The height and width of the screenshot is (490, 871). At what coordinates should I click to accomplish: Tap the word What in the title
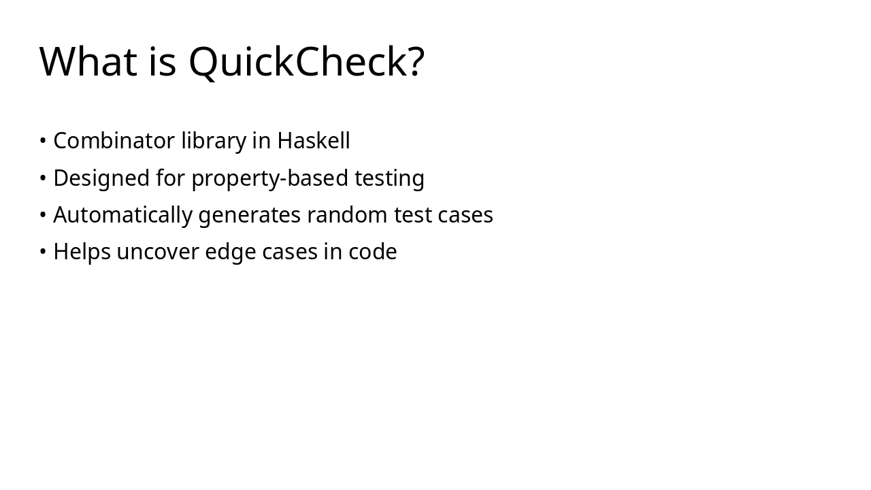pyautogui.click(x=88, y=62)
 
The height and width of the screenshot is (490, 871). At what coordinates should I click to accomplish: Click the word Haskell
pyautogui.click(x=313, y=141)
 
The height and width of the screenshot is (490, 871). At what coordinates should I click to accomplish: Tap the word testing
pyautogui.click(x=389, y=178)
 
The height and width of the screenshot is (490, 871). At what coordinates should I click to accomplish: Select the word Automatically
pyautogui.click(x=122, y=215)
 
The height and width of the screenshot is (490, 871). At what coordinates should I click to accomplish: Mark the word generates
pyautogui.click(x=249, y=215)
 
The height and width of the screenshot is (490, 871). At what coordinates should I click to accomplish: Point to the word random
pyautogui.click(x=347, y=215)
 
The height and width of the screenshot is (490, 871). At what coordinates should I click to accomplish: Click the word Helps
pyautogui.click(x=82, y=252)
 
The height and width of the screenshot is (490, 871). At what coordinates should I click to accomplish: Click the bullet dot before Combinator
pyautogui.click(x=43, y=142)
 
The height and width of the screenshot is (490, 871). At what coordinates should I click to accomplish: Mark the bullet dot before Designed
pyautogui.click(x=43, y=178)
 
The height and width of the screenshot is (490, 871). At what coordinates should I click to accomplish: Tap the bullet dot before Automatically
pyautogui.click(x=43, y=215)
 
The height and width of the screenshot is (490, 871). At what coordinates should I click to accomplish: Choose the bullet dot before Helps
pyautogui.click(x=43, y=252)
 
